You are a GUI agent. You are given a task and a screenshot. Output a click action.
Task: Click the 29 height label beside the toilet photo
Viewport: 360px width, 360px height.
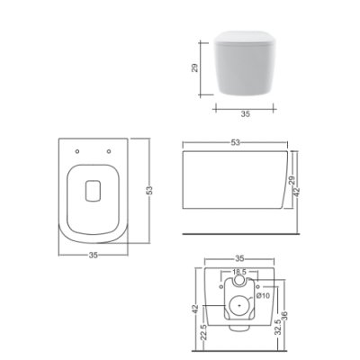(194, 67)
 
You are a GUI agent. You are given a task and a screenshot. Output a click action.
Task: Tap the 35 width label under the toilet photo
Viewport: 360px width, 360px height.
(246, 113)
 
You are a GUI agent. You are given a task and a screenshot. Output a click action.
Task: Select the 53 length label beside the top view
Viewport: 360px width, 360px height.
(149, 191)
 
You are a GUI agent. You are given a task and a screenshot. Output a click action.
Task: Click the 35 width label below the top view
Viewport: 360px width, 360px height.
(94, 255)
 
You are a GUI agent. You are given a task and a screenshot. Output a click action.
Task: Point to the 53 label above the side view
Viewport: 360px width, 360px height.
(236, 142)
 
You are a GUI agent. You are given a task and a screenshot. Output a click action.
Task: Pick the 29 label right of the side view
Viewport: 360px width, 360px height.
(292, 180)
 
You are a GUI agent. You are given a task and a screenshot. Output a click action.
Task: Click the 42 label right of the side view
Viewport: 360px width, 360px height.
(297, 193)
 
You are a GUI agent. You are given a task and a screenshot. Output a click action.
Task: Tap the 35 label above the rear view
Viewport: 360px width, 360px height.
(239, 258)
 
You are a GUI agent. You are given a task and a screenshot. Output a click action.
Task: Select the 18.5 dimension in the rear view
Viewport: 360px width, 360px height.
(239, 272)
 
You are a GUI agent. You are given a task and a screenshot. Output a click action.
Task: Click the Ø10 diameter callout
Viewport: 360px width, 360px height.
(263, 296)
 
